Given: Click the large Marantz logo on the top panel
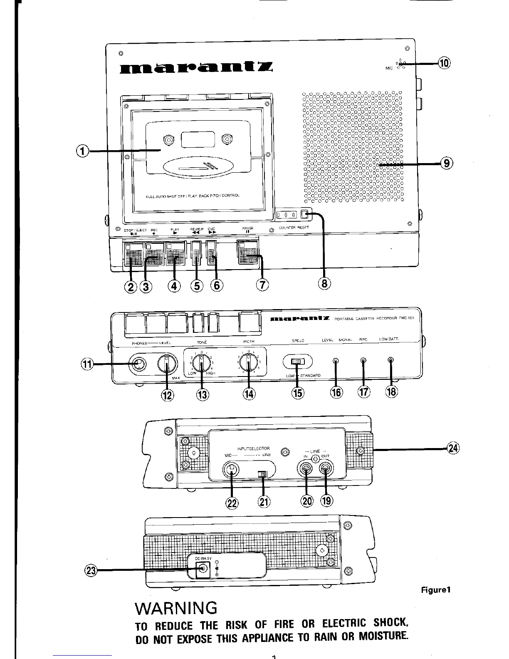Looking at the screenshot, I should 196,67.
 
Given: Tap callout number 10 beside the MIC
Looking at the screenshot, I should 445,63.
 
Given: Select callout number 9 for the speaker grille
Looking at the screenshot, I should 446,164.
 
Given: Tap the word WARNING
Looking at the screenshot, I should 176,608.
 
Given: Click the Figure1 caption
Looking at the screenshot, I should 436,590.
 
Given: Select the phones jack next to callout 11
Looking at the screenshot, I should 138,365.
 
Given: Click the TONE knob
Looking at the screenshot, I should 201,365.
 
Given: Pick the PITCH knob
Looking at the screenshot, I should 249,365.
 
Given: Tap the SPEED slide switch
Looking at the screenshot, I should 297,362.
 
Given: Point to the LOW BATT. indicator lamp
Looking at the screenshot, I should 390,360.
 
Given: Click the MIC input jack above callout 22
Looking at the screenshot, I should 232,470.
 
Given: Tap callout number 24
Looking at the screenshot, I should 453,448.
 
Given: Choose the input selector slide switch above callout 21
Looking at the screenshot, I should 262,474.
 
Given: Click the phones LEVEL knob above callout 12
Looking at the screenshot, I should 166,365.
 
